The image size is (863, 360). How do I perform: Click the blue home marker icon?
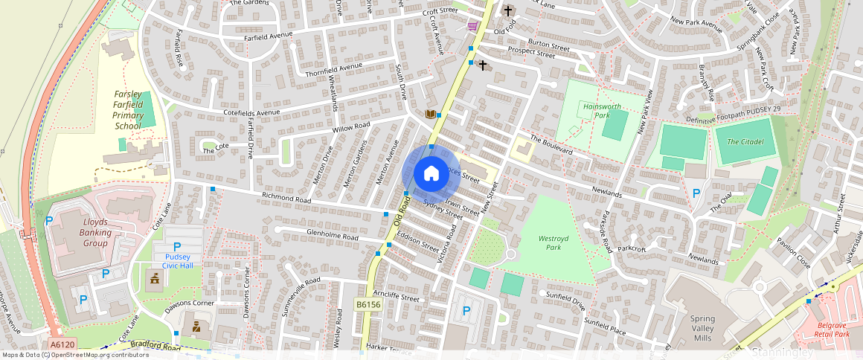pos(431,173)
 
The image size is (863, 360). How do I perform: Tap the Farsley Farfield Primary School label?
pos(128,110)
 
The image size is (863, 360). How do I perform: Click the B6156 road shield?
pos(368,304)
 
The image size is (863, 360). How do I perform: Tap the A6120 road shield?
pos(63,344)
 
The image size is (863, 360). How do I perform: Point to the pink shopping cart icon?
pos(472,26)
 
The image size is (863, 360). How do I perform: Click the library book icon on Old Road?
pos(429,114)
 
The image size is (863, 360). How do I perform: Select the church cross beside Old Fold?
pos(508,11)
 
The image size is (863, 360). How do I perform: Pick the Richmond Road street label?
pos(285,199)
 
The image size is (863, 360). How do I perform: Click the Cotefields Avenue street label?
pos(251,112)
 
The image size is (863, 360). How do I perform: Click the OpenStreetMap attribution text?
pos(75,355)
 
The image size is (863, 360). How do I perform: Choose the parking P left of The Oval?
pos(696,193)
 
